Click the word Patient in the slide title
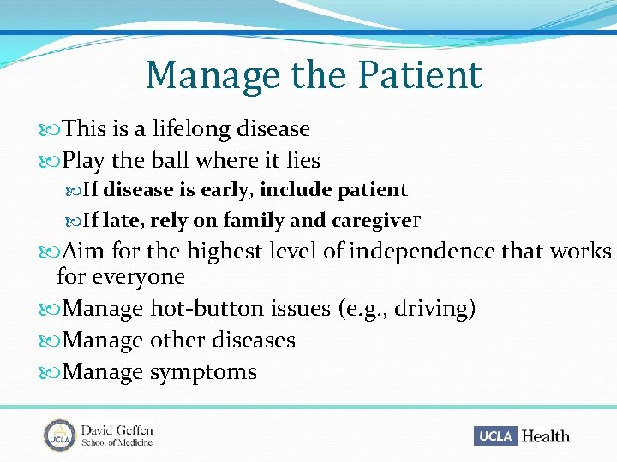[x=420, y=75]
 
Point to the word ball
[x=170, y=161]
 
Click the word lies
[x=302, y=161]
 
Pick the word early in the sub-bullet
[x=228, y=190]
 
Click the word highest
[x=225, y=252]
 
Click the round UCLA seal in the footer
[x=60, y=435]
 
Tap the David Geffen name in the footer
[x=117, y=429]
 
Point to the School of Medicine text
[x=117, y=442]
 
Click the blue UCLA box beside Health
[x=495, y=435]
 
